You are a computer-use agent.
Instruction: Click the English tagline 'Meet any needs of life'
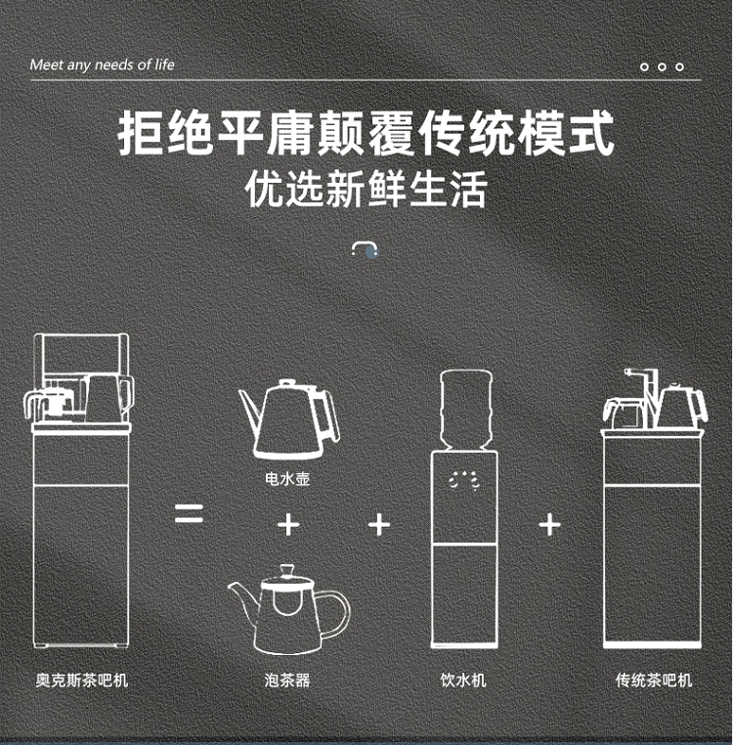pos(103,65)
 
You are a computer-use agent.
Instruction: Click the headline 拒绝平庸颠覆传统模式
pos(366,133)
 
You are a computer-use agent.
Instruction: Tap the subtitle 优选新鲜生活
pos(366,190)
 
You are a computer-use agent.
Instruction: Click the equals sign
pos(189,513)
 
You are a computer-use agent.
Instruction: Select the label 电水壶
pos(287,478)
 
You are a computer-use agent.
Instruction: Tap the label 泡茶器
pos(287,679)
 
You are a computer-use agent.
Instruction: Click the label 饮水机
pos(463,679)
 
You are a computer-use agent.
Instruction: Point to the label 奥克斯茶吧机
pos(82,679)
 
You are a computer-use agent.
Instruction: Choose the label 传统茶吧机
pos(654,679)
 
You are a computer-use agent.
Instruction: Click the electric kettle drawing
pos(290,419)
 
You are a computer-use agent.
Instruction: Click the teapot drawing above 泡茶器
pos(289,609)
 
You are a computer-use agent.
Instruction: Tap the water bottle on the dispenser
pos(466,410)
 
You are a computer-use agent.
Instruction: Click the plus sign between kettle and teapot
pos(288,525)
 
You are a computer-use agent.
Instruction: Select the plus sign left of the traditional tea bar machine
pos(549,525)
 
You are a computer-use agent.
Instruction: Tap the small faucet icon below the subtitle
pos(365,249)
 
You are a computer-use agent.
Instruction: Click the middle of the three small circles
pos(662,67)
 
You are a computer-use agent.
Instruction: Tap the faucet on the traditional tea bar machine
pos(642,385)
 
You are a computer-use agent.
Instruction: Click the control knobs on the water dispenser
pos(464,481)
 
